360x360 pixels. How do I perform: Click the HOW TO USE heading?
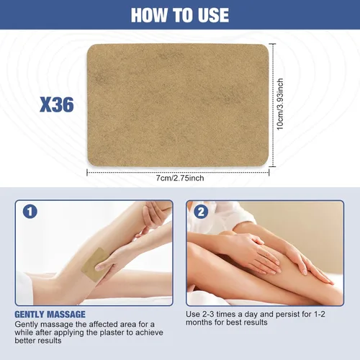pos(180,15)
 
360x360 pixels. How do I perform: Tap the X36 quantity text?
pos(57,104)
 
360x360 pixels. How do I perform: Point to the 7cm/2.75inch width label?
pos(180,178)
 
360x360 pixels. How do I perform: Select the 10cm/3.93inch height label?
pos(280,104)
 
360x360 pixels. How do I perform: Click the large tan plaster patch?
pos(178,105)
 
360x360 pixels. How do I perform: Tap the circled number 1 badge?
pos(30,212)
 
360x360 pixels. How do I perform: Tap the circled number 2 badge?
pos(201,212)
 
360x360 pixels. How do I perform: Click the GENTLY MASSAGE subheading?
pos(50,315)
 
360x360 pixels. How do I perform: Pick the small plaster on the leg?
pos(95,264)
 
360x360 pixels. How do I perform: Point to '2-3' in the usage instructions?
pos(208,314)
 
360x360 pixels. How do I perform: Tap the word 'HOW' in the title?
pos(149,15)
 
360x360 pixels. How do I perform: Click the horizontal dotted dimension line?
pos(178,172)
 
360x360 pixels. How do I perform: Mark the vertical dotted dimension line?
pos(272,105)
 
